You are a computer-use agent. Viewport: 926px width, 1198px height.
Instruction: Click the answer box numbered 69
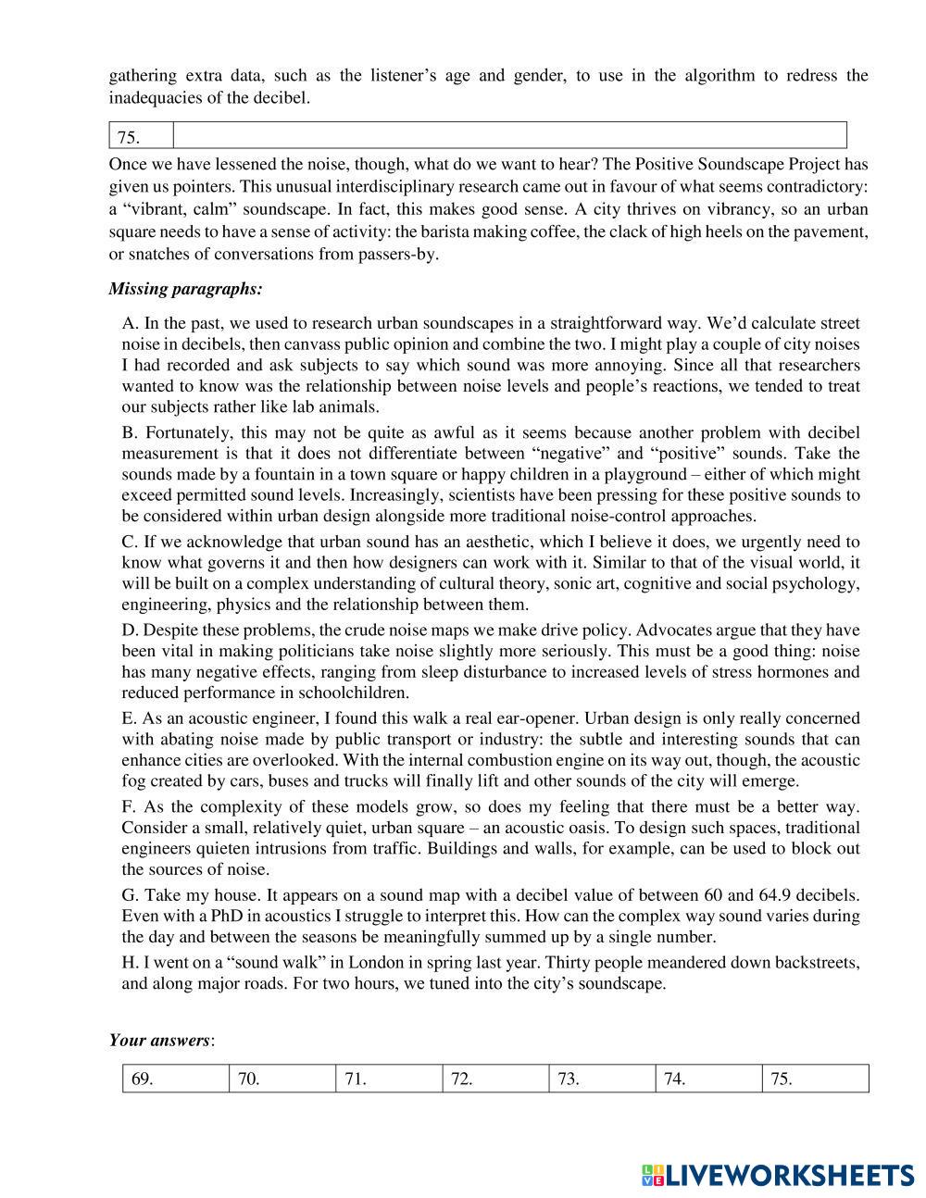[x=176, y=1079]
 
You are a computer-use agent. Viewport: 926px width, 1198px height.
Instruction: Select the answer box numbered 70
[x=282, y=1079]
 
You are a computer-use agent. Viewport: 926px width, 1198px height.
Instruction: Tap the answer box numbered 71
[x=389, y=1079]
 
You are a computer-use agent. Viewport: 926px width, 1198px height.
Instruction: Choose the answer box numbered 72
[x=495, y=1079]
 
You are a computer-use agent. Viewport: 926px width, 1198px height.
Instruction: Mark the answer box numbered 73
[x=602, y=1079]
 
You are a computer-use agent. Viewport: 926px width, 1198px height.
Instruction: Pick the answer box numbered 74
[x=708, y=1079]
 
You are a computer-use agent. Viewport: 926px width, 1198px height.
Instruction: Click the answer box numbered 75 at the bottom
[x=815, y=1079]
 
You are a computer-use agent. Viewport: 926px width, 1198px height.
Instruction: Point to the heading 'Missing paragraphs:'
[x=185, y=289]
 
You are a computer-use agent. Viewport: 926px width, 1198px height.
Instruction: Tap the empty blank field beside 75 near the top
[x=509, y=135]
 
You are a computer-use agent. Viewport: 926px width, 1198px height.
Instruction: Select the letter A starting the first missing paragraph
[x=128, y=324]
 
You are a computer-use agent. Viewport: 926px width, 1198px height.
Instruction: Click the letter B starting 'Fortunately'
[x=128, y=432]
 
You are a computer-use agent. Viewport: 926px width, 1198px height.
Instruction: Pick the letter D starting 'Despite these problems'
[x=128, y=630]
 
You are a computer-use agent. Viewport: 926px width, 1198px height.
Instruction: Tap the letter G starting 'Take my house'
[x=128, y=895]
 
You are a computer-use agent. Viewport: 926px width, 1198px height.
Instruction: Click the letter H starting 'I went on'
[x=128, y=963]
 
